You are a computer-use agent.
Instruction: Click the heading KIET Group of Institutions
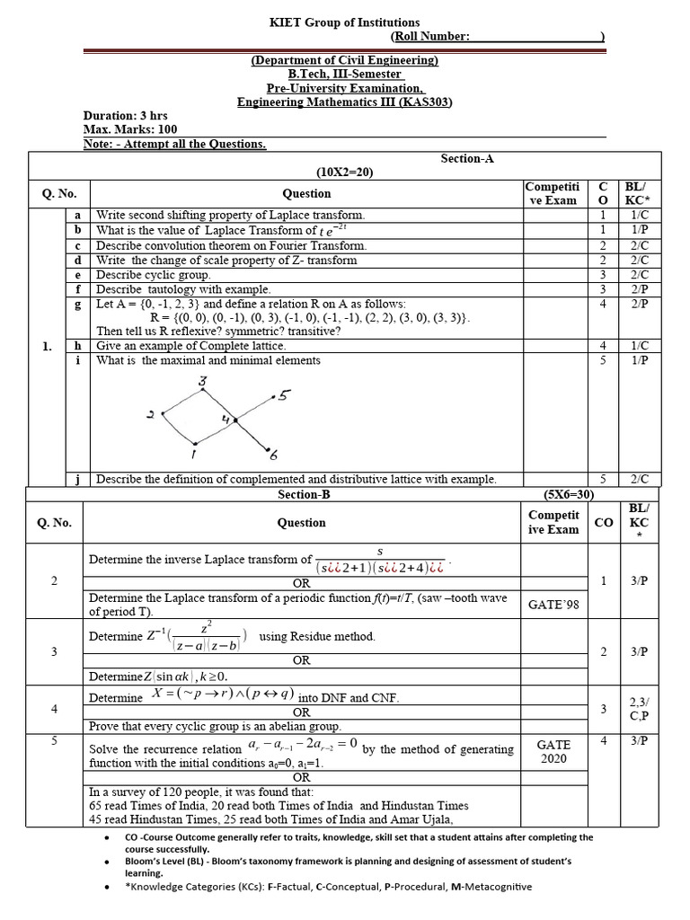click(x=345, y=22)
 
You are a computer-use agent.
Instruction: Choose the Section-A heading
click(x=467, y=158)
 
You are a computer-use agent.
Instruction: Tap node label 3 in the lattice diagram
click(x=203, y=383)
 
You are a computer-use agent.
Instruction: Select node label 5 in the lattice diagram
click(x=284, y=394)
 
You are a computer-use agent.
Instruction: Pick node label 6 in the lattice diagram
click(x=273, y=456)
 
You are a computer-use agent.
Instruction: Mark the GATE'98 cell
click(x=553, y=605)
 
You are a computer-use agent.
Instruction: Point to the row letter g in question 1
click(x=78, y=304)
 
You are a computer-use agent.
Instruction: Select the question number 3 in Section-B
click(x=55, y=651)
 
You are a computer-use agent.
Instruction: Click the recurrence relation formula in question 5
click(x=303, y=744)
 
